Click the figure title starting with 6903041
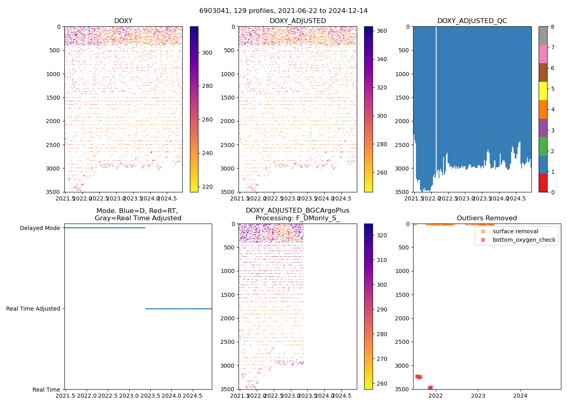283,11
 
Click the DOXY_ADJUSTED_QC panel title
472,21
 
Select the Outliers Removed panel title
487,218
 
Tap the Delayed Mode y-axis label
40,228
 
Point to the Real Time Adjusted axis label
33,309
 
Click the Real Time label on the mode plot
46,390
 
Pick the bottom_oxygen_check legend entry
524,240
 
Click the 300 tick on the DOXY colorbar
207,53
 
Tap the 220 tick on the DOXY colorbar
207,187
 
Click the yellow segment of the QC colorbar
543,91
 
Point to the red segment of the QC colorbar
543,183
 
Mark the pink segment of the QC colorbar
543,54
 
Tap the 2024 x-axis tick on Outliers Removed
520,395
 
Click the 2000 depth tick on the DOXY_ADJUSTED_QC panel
403,121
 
